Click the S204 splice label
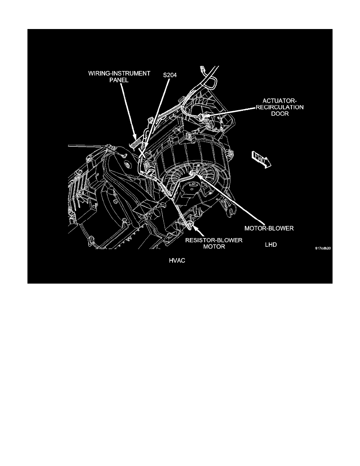pos(170,75)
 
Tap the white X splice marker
pos(142,153)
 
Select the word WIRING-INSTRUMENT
pos(119,73)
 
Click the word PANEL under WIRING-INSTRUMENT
pos(119,80)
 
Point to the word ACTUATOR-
pos(280,101)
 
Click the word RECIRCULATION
pos(280,107)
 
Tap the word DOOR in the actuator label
pos(280,114)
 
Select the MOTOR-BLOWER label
pos(269,228)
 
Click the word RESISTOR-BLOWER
pos(214,240)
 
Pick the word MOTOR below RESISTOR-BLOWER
pos(214,247)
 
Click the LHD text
pos(271,245)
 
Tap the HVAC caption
pos(177,260)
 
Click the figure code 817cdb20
pos(323,248)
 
